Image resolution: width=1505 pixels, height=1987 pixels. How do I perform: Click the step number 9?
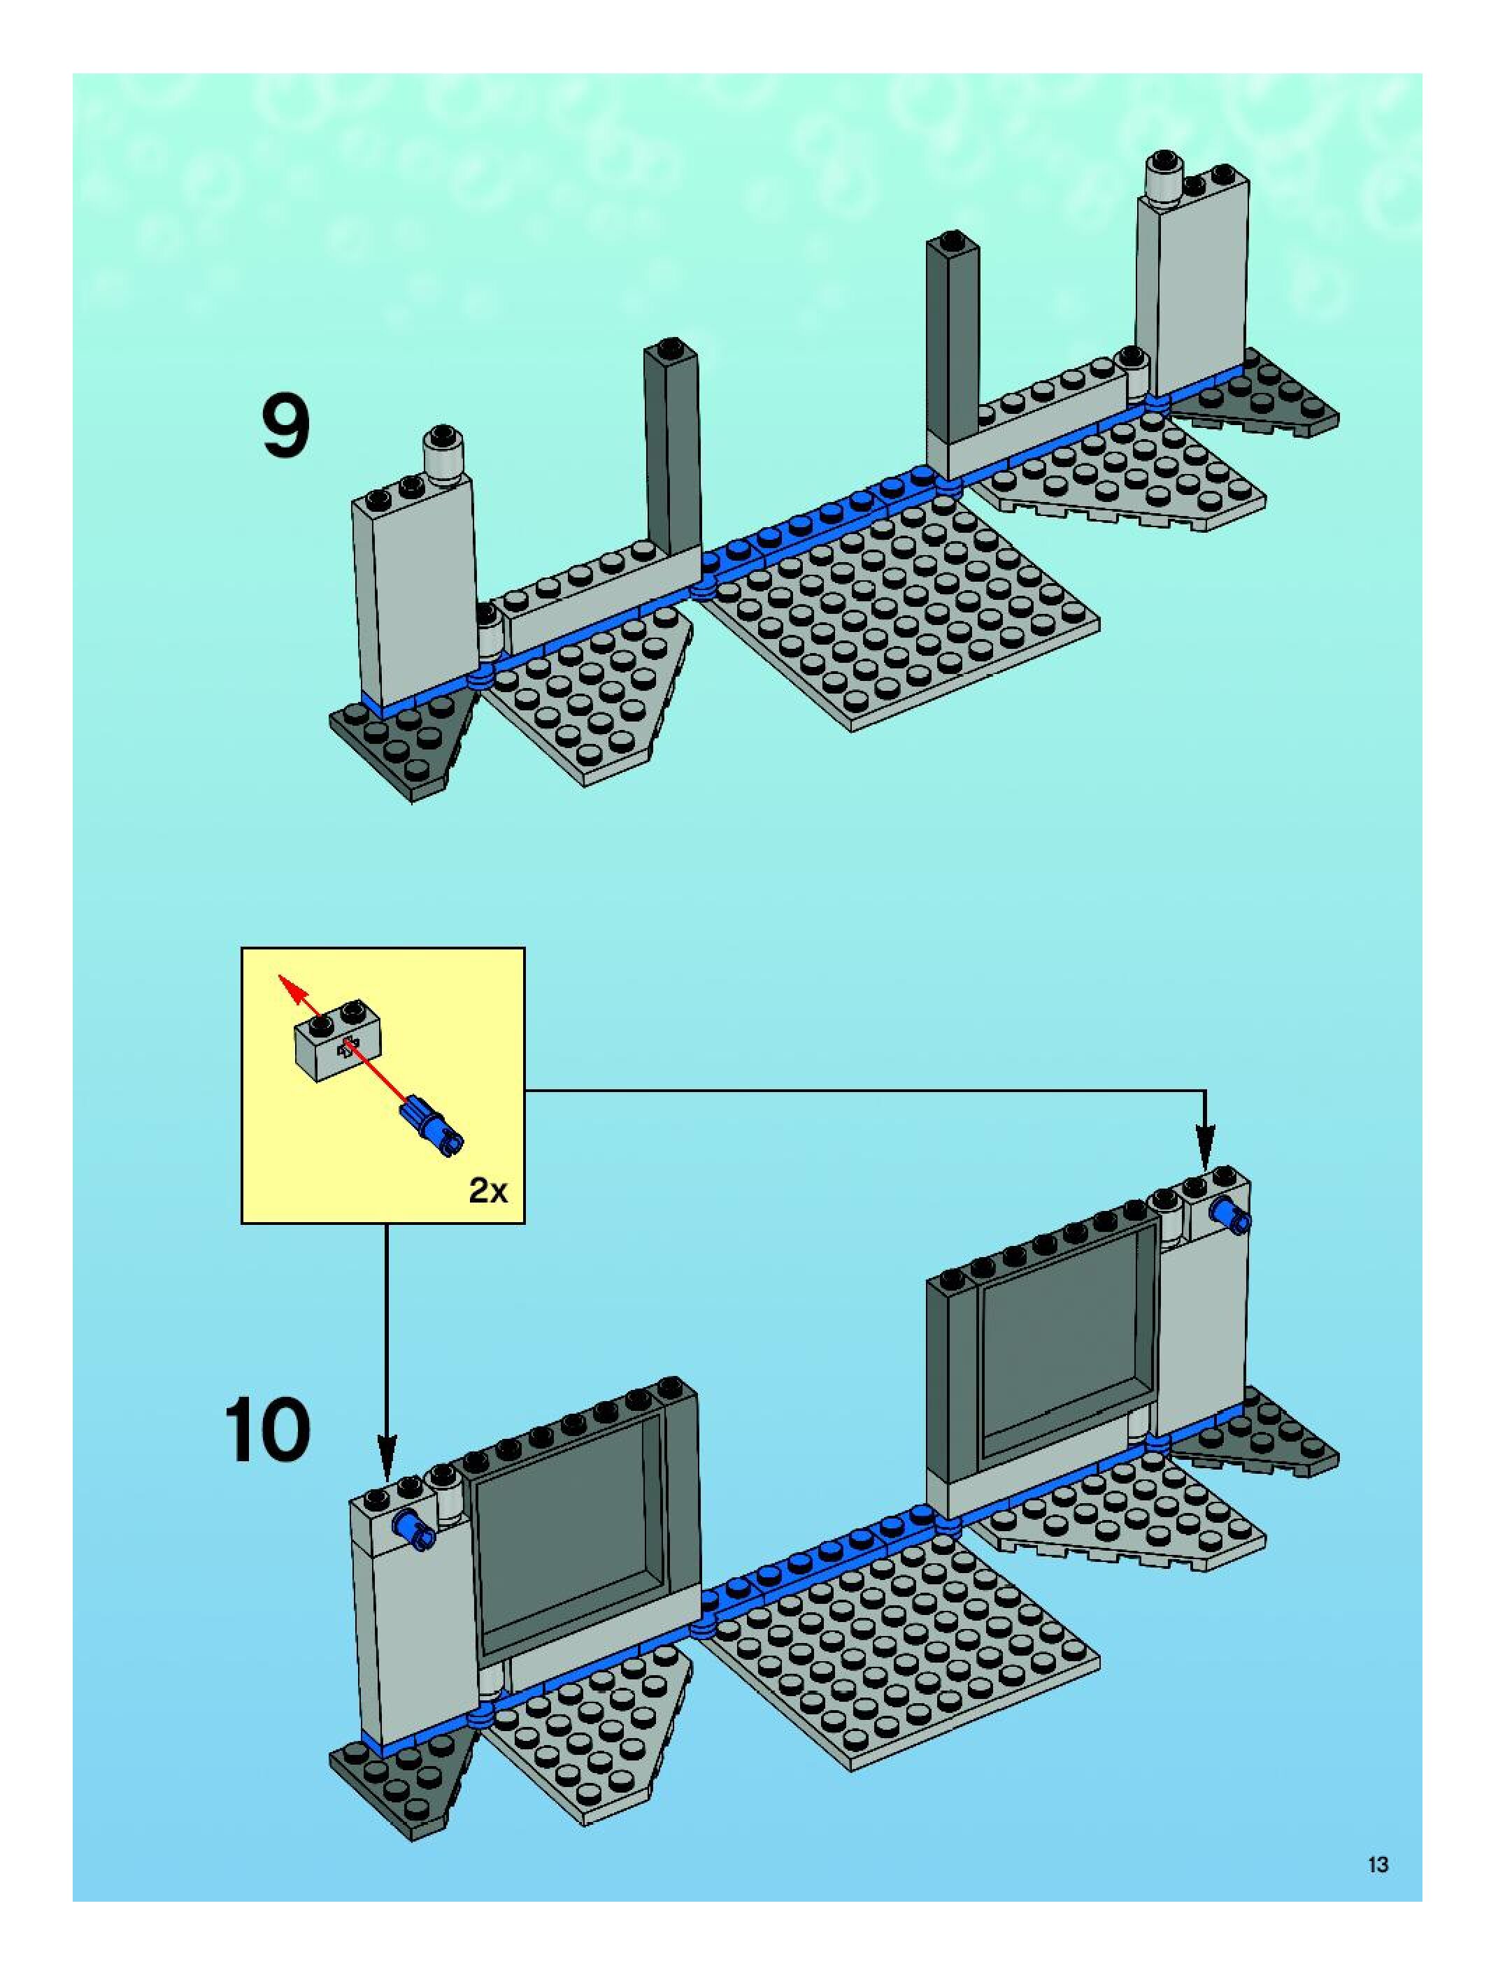pos(287,429)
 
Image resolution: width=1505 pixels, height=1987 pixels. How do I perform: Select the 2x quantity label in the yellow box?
pos(488,1191)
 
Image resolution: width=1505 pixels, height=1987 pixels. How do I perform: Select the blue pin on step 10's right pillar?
pos(1227,1217)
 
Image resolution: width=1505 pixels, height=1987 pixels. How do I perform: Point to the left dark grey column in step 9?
pos(670,449)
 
